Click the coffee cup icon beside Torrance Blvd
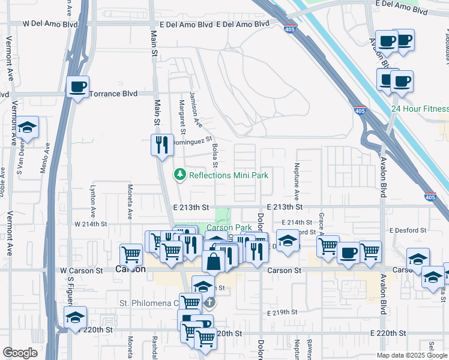tap(77, 87)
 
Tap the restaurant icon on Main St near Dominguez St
tap(161, 145)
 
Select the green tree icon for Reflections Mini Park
tap(179, 175)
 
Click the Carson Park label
tap(230, 228)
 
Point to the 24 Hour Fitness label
tap(420, 109)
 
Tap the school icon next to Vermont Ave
tap(28, 127)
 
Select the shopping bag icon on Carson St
tap(214, 262)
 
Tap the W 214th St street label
tap(90, 224)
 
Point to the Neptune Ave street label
tap(297, 182)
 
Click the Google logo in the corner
tap(20, 353)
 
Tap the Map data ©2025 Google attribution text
tap(412, 355)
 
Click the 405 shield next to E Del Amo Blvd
tap(289, 29)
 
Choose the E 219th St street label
tap(282, 313)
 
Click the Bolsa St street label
tap(214, 155)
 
